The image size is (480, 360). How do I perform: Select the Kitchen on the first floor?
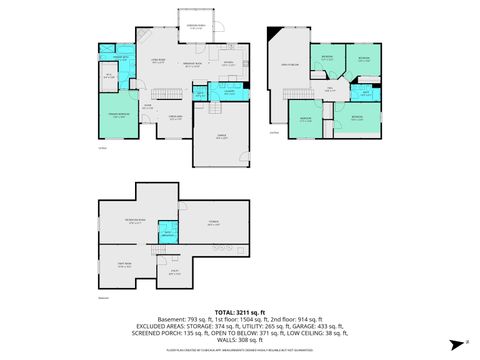click(228, 64)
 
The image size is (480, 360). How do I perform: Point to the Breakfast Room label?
click(193, 66)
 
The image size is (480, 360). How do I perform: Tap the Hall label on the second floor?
click(330, 89)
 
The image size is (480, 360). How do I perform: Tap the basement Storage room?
click(213, 223)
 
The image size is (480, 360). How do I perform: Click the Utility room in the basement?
click(174, 271)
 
